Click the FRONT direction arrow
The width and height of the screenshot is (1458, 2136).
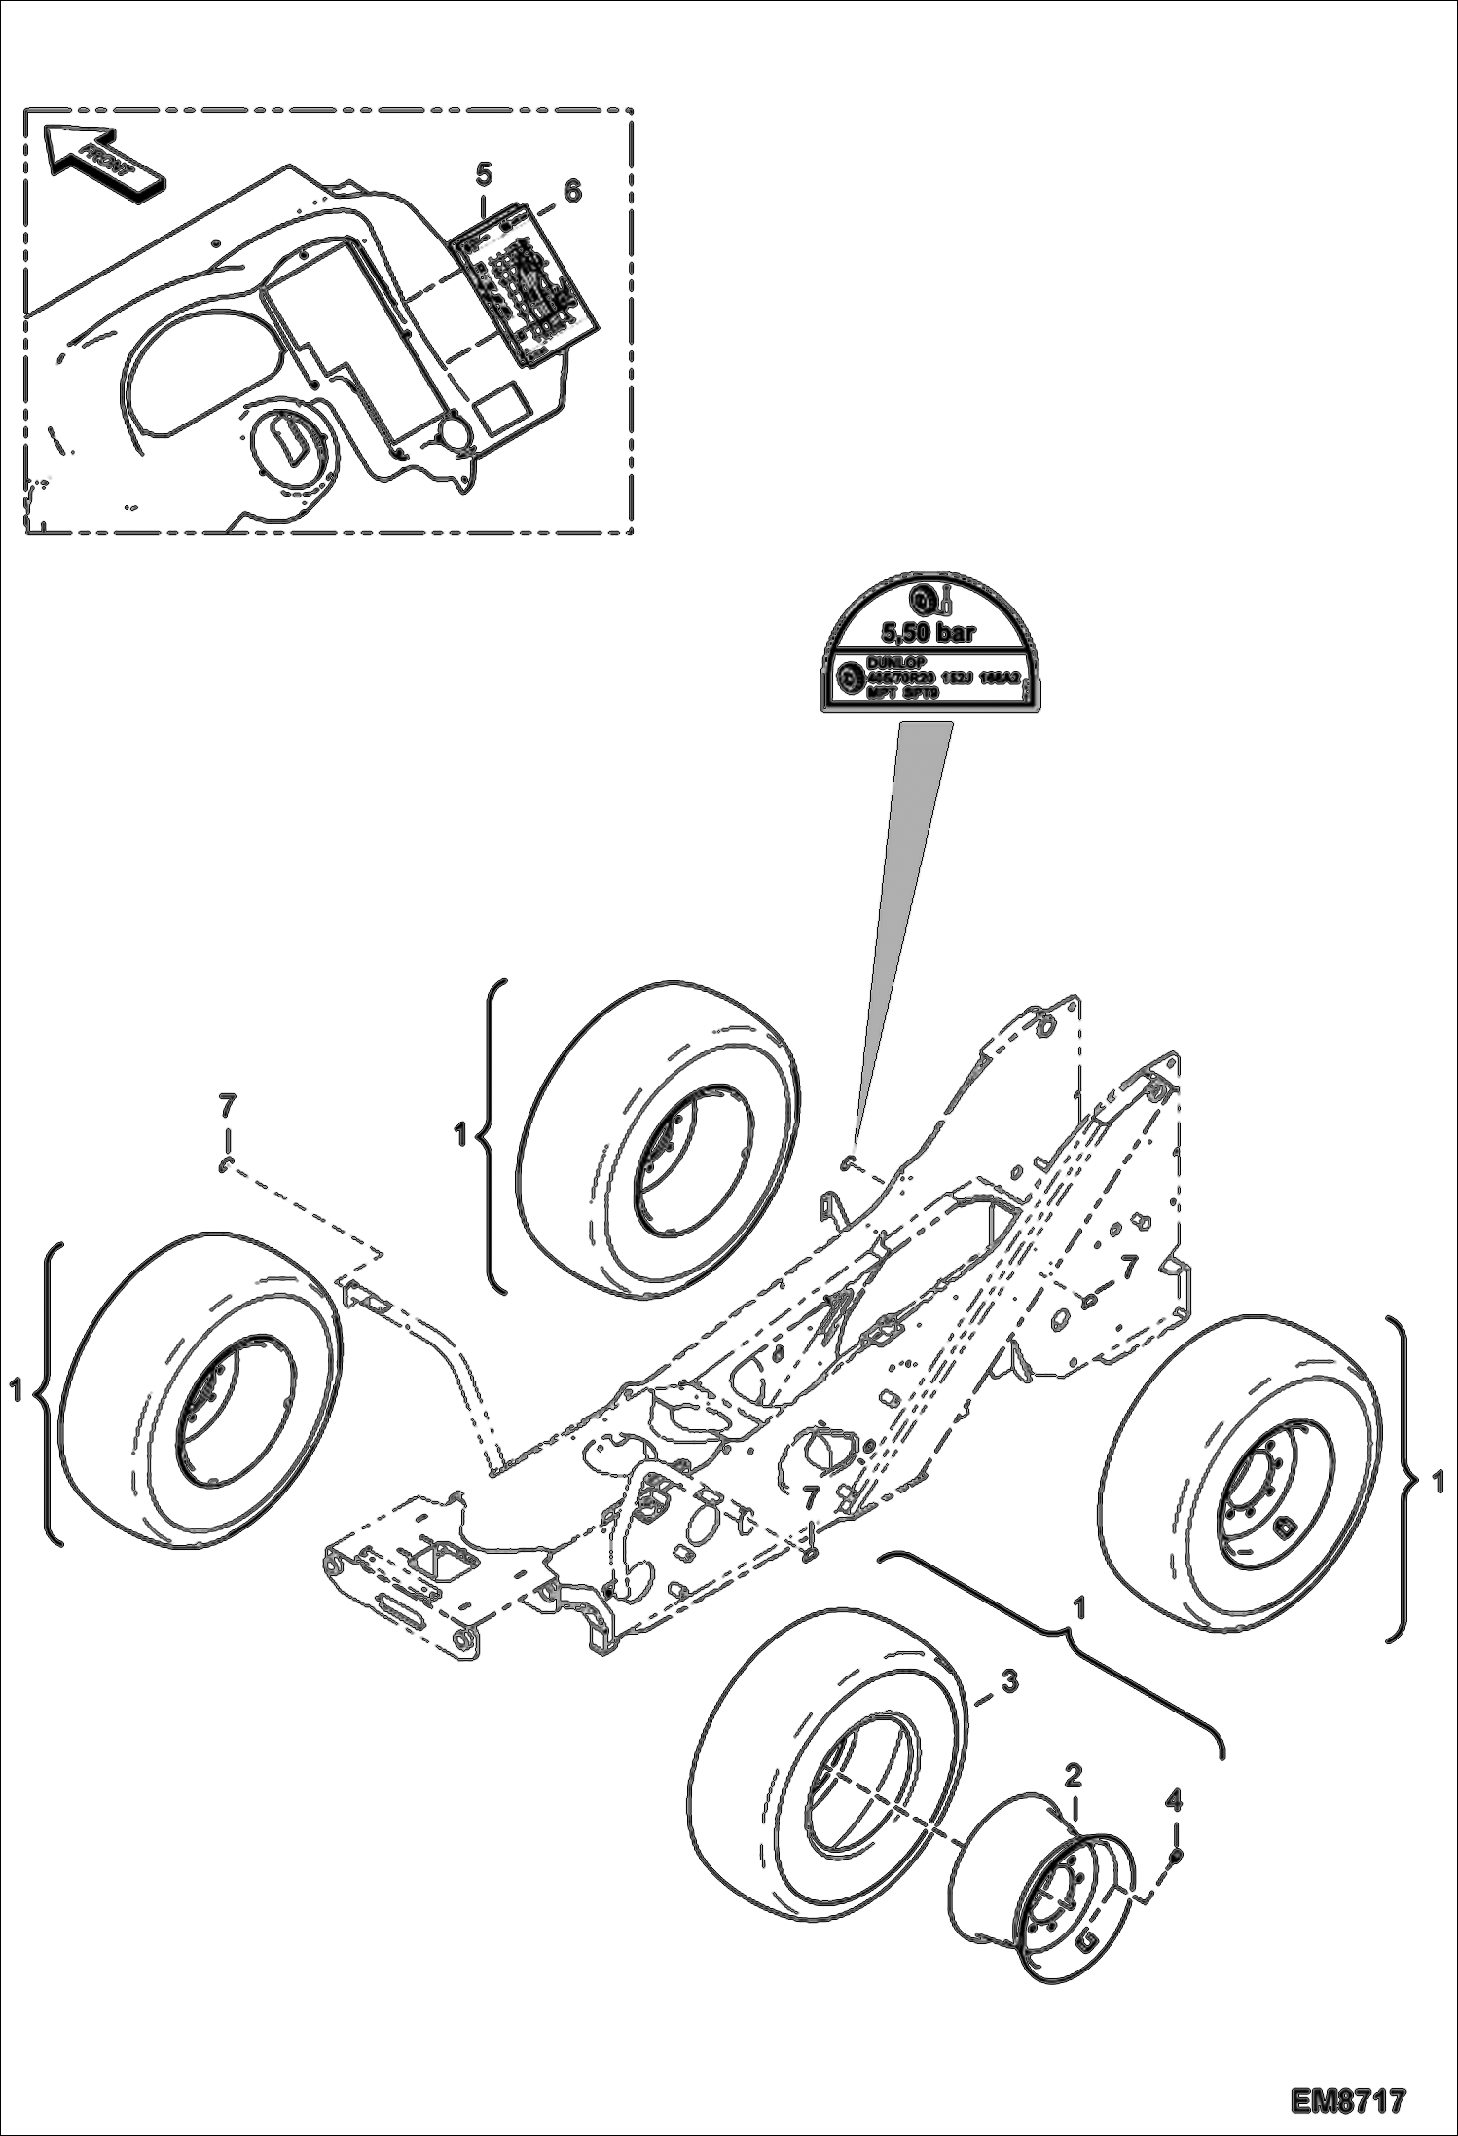(102, 162)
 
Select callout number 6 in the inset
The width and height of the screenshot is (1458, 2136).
(572, 192)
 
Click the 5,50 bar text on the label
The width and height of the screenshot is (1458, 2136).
(927, 633)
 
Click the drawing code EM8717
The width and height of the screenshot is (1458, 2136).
(1349, 2097)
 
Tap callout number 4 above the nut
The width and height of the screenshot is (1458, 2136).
(1174, 1800)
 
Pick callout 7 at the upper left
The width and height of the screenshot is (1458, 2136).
(227, 1106)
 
